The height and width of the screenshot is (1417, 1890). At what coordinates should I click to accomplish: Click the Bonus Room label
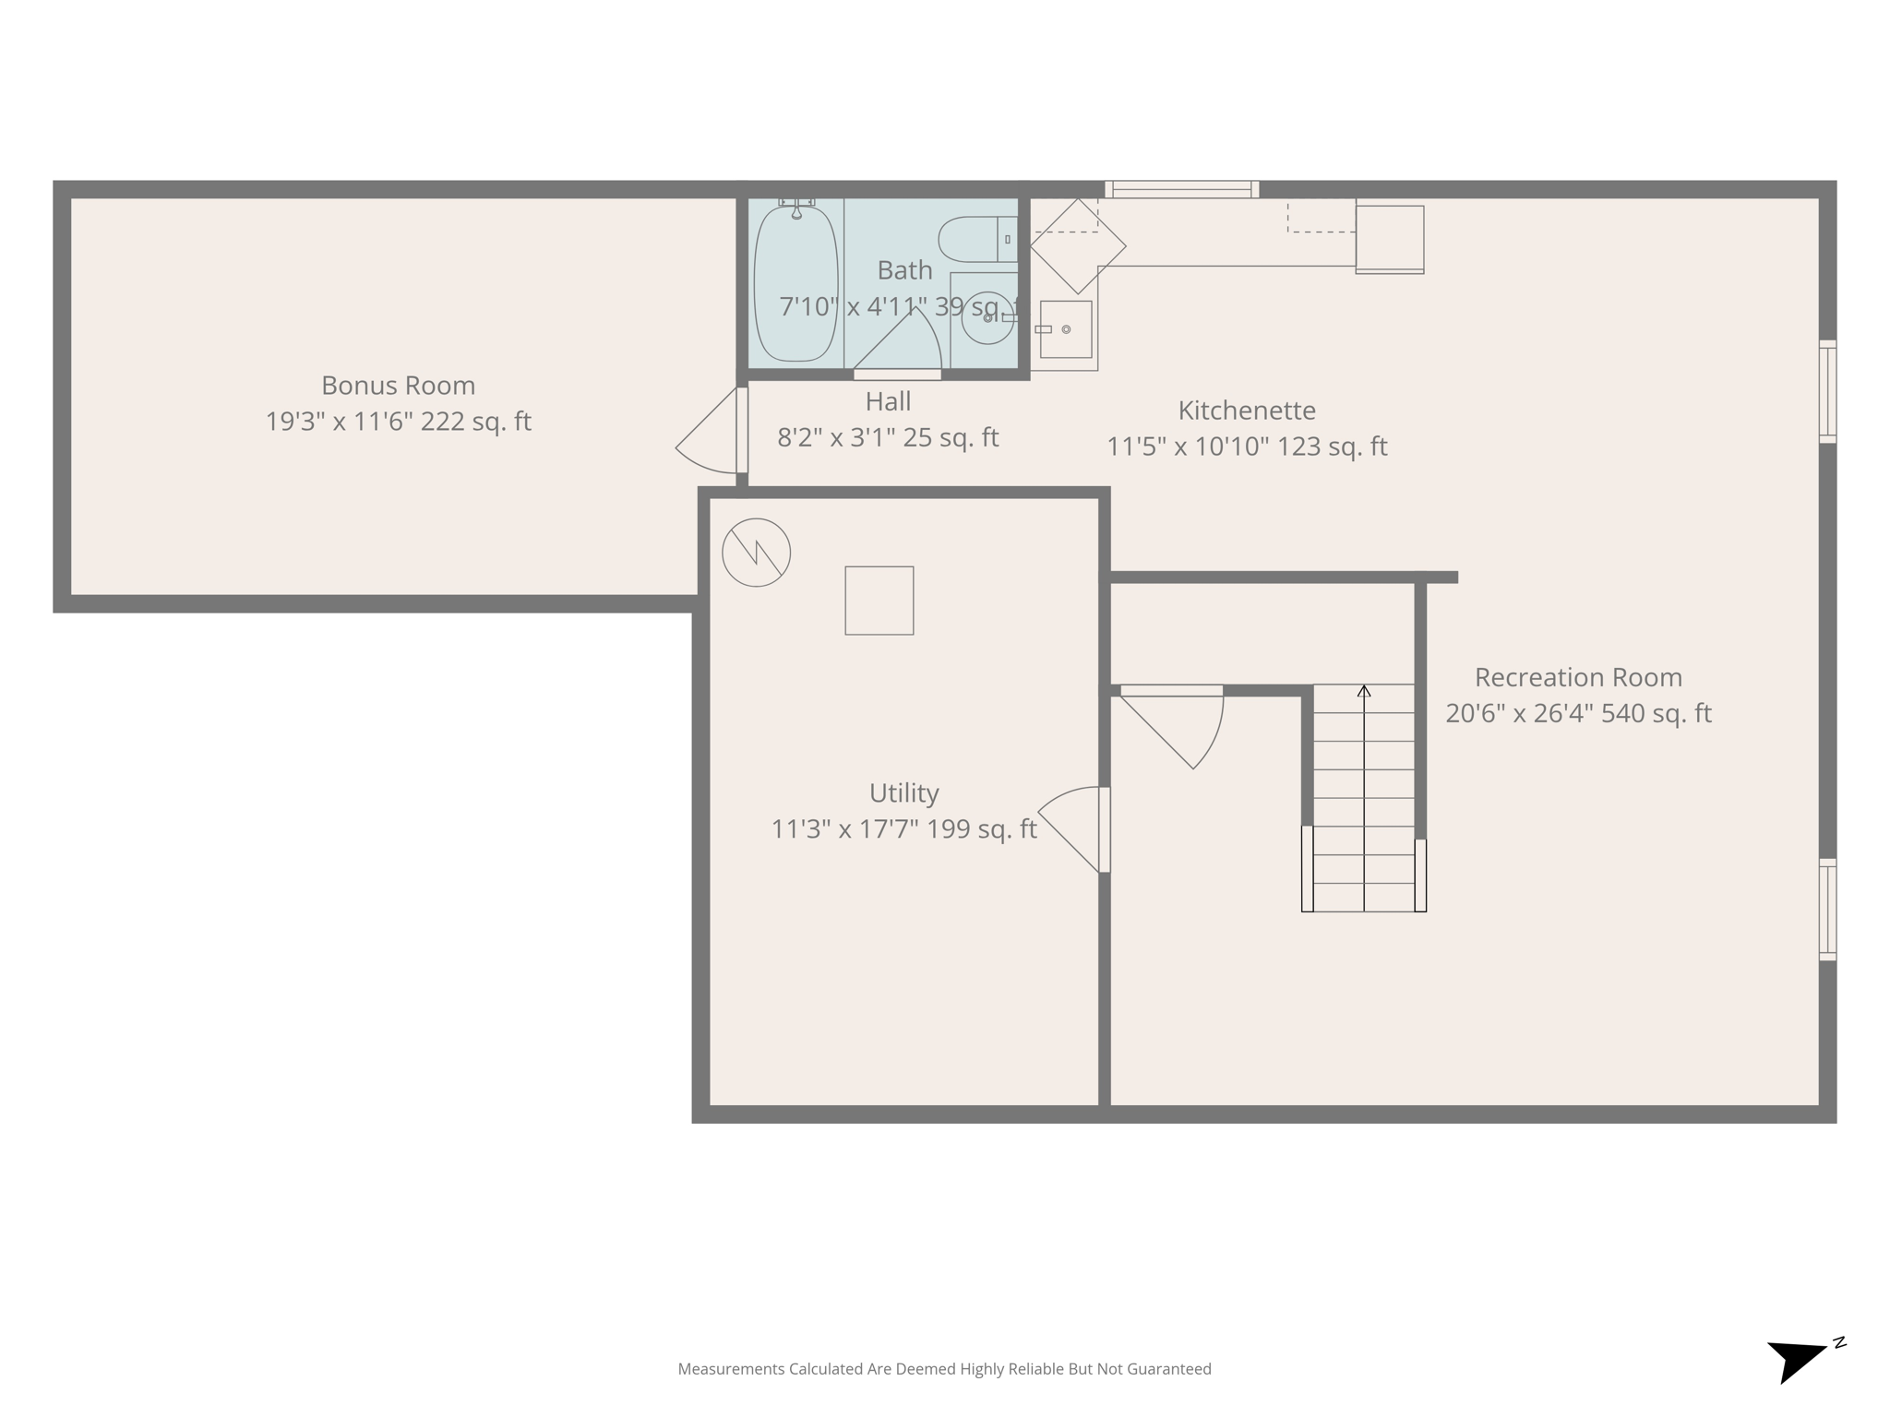click(398, 386)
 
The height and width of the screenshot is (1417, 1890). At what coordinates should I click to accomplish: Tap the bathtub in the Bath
click(795, 284)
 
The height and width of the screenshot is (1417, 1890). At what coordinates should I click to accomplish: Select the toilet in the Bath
click(975, 240)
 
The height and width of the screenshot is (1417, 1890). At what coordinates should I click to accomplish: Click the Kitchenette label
click(1247, 411)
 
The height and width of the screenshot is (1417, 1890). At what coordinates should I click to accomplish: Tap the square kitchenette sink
click(1066, 329)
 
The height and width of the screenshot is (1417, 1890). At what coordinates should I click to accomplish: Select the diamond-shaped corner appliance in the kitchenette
click(1078, 246)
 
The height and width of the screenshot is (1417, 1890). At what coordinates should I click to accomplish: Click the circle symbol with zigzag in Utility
click(756, 553)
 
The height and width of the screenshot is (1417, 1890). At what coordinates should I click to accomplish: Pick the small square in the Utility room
click(879, 601)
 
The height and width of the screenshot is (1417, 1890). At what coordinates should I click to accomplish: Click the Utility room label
click(903, 793)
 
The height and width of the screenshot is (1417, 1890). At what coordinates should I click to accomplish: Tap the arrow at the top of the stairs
click(1364, 691)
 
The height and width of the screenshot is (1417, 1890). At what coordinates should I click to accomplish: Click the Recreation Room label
click(1578, 678)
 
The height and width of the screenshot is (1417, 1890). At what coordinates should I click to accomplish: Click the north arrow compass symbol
click(1798, 1360)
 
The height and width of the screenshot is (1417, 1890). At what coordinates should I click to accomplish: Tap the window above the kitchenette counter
click(1182, 189)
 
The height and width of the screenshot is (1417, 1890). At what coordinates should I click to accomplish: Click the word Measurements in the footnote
click(730, 1369)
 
